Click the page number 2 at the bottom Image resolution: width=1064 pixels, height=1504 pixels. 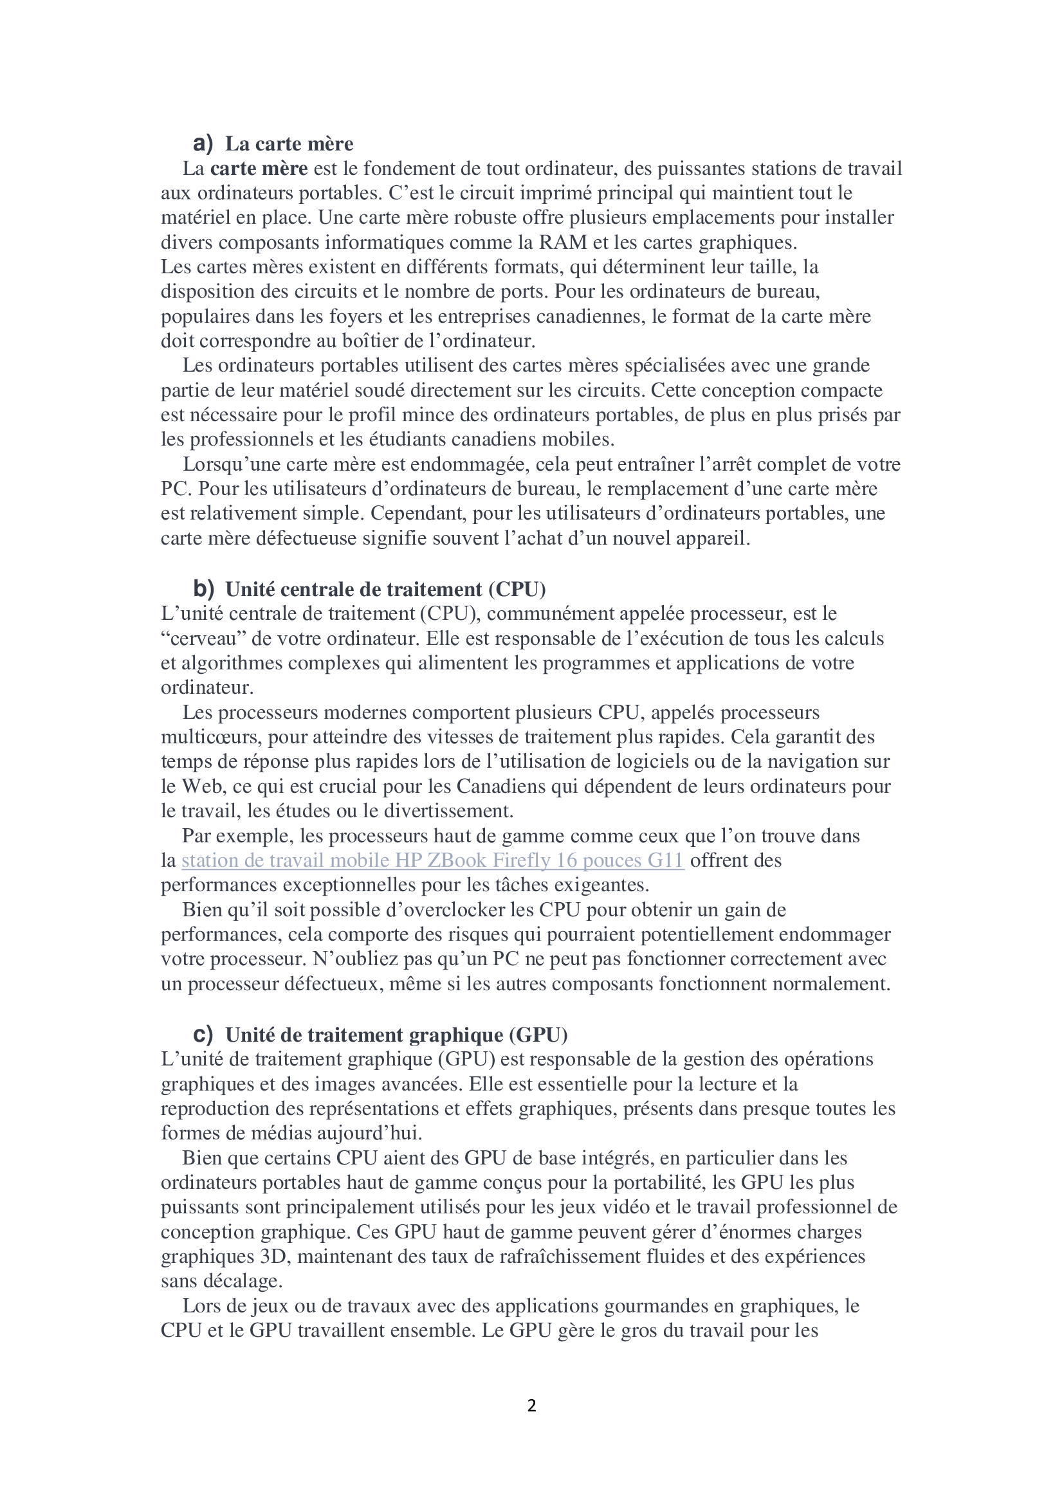(x=531, y=1406)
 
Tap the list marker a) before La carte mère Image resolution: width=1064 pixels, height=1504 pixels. (x=203, y=143)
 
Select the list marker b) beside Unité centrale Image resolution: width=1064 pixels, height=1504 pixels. (x=203, y=589)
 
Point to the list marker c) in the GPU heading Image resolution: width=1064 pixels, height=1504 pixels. (x=203, y=1035)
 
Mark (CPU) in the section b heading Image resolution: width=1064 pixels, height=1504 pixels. (x=517, y=589)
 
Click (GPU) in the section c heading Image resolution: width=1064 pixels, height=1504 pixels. (x=538, y=1035)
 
